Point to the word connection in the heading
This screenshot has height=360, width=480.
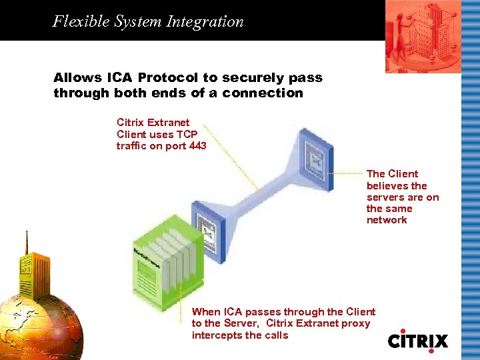[263, 93]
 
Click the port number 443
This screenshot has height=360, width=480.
[197, 146]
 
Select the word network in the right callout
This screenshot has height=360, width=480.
[387, 220]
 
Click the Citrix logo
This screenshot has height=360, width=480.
[418, 339]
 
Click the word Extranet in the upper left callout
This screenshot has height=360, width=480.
[169, 123]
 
